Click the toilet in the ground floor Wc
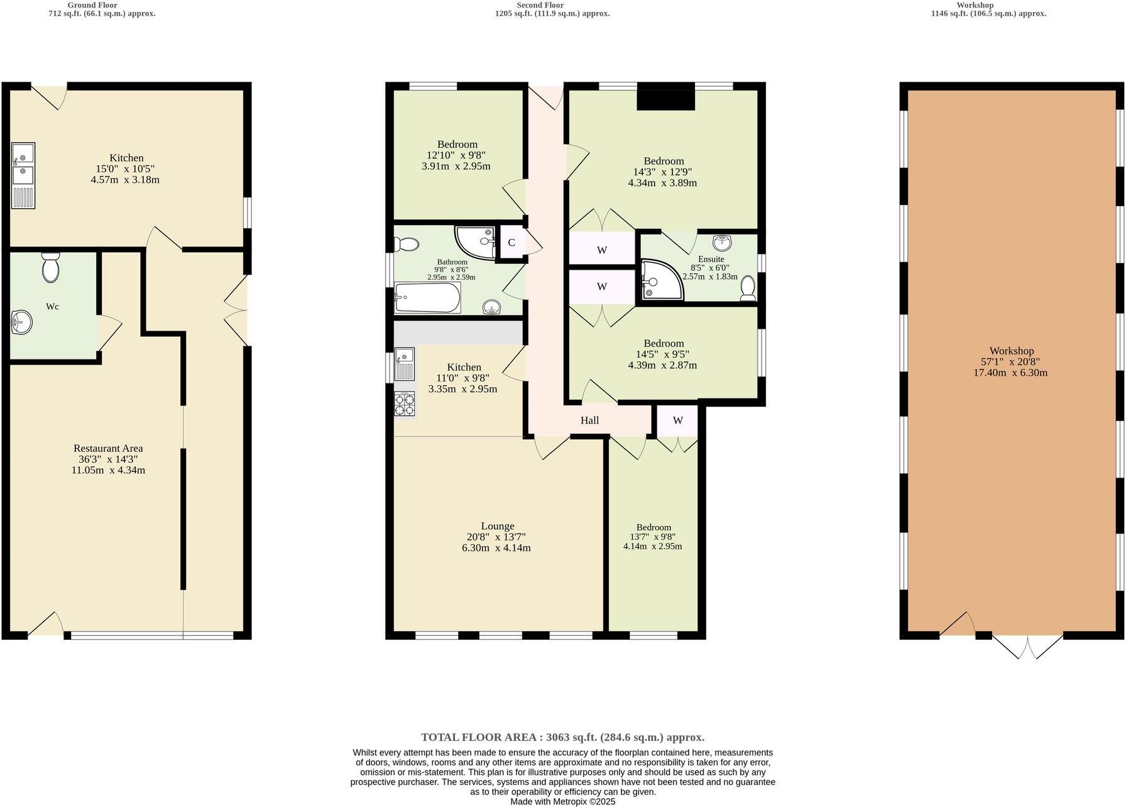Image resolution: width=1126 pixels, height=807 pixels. click(x=50, y=268)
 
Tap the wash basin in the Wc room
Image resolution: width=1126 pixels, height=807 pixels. click(x=21, y=323)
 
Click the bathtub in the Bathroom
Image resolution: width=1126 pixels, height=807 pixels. click(x=427, y=298)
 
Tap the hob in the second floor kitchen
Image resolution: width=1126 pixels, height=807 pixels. click(x=404, y=403)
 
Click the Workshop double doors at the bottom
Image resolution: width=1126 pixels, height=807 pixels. click(x=1027, y=646)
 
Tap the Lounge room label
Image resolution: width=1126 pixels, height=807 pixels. click(x=498, y=526)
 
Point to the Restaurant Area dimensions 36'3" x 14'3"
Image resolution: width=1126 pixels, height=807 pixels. click(x=108, y=459)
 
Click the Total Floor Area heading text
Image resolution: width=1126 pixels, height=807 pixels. click(x=562, y=737)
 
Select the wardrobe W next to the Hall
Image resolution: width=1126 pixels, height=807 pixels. click(x=677, y=420)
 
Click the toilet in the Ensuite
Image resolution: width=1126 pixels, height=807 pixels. click(x=748, y=288)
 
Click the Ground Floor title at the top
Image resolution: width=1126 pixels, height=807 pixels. click(x=92, y=5)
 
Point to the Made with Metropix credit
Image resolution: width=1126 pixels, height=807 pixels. click(x=562, y=801)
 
